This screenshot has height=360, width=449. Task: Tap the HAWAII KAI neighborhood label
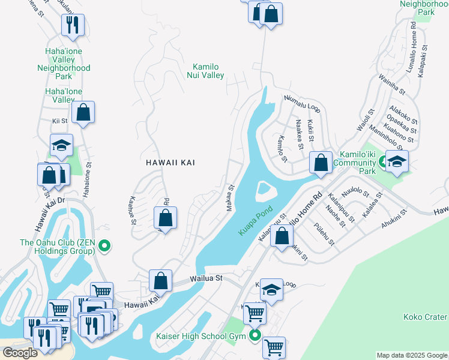click(x=171, y=163)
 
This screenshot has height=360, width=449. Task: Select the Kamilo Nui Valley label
click(x=208, y=71)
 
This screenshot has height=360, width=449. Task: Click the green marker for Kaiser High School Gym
click(x=256, y=336)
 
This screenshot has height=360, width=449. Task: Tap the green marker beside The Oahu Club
click(x=104, y=244)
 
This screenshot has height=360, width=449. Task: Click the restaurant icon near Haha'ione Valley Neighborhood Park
click(x=73, y=25)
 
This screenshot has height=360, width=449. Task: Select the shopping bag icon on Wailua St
click(x=160, y=280)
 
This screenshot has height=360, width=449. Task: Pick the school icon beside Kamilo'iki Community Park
click(x=397, y=161)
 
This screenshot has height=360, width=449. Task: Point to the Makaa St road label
click(x=229, y=198)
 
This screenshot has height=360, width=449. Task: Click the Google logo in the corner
click(x=19, y=353)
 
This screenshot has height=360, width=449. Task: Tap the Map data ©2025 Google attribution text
click(x=412, y=355)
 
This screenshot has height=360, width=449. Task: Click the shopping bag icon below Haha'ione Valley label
click(x=83, y=112)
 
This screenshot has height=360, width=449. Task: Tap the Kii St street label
click(x=59, y=121)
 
